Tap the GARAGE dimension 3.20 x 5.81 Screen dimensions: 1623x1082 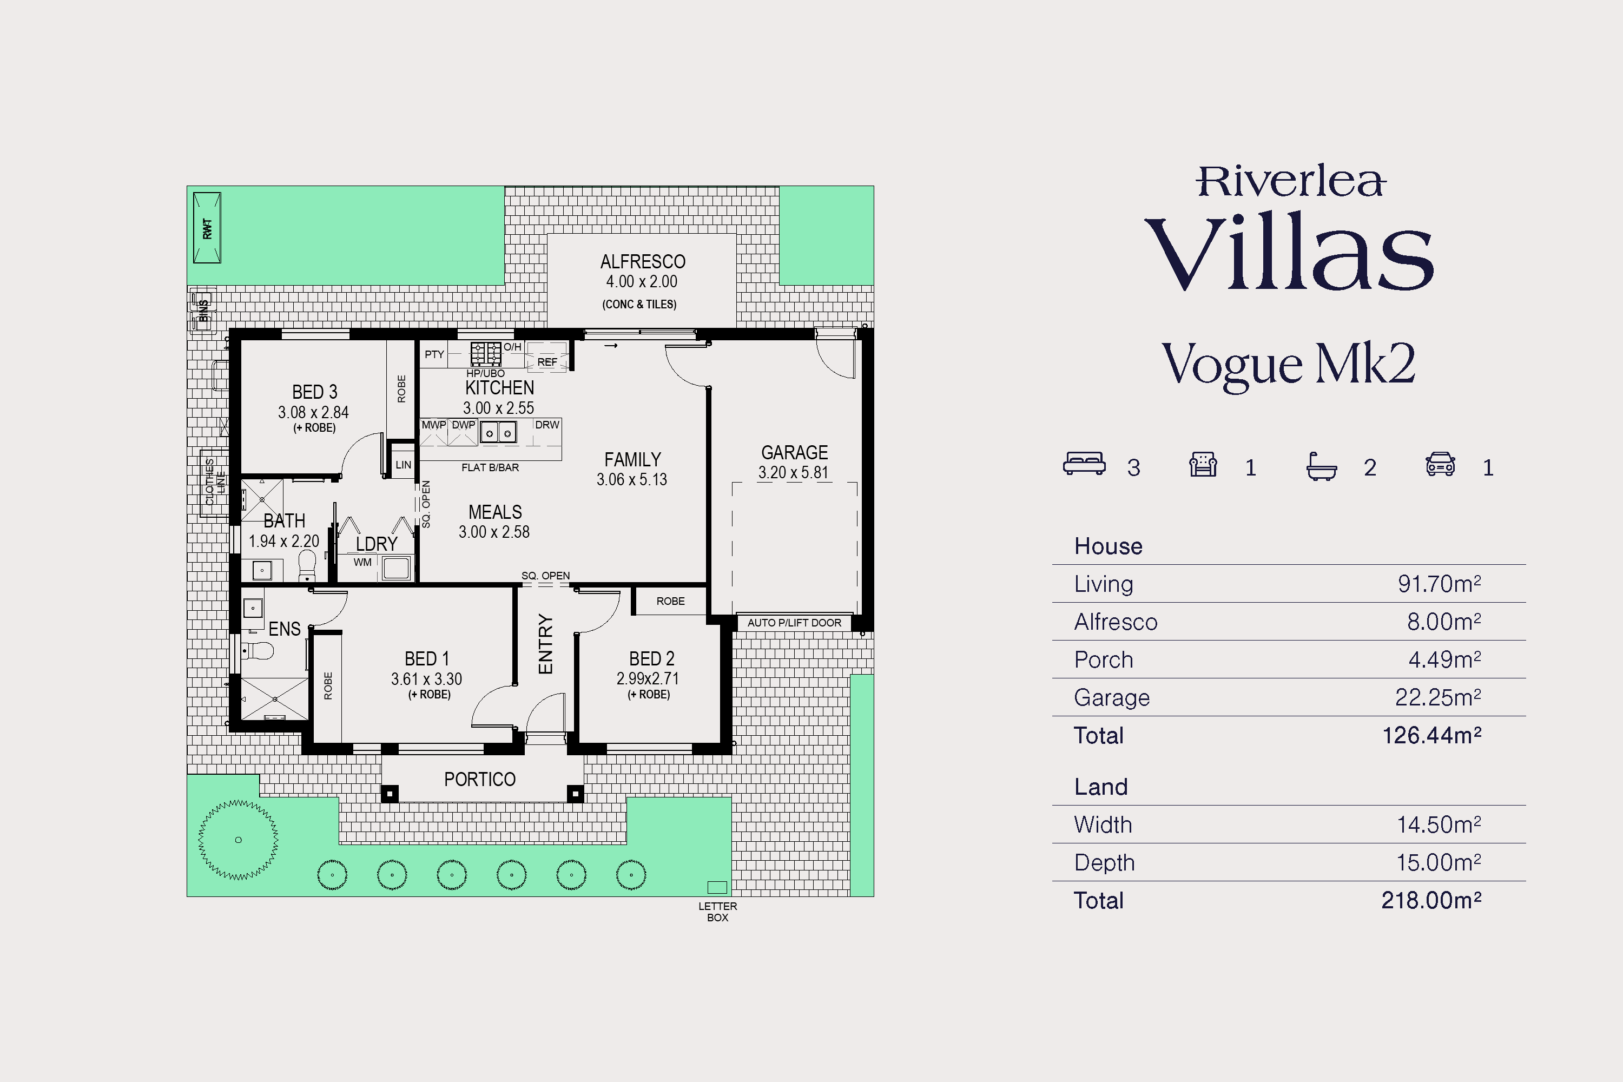(x=793, y=473)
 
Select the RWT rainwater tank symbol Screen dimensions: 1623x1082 (x=207, y=228)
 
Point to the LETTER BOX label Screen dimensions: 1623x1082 (x=718, y=912)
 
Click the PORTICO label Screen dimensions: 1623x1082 (x=479, y=779)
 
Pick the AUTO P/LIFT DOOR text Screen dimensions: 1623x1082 (x=794, y=623)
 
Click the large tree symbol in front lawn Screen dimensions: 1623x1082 (x=238, y=840)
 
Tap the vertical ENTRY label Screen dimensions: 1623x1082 (x=545, y=644)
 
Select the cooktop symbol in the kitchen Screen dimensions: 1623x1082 (x=486, y=354)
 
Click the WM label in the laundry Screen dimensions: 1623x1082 (x=362, y=563)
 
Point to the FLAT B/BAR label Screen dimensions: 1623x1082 (x=490, y=467)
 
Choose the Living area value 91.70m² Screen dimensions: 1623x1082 (x=1439, y=584)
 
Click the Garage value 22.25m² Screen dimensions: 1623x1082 (x=1437, y=697)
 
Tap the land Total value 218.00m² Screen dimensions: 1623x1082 (x=1431, y=900)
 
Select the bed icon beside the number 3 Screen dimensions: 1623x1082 (x=1084, y=464)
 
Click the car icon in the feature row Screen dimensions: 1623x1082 (x=1440, y=464)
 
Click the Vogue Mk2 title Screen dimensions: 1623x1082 (x=1288, y=364)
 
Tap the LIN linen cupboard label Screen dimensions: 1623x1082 (x=403, y=465)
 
